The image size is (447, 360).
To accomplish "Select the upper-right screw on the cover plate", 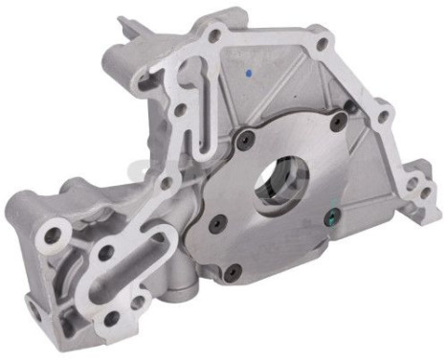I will click(337, 121).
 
